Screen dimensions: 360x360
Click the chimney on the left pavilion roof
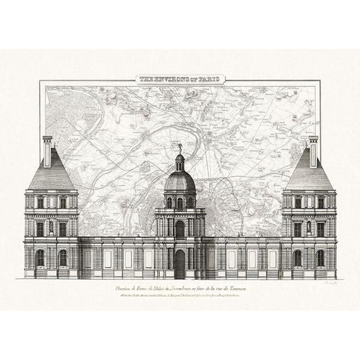tap(47, 151)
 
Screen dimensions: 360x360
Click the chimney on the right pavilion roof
tap(313, 151)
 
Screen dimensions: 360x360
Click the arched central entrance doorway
tap(180, 263)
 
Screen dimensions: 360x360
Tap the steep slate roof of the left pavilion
tap(51, 178)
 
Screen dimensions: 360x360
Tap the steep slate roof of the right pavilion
tap(309, 178)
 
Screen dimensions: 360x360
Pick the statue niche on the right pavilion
tap(309, 227)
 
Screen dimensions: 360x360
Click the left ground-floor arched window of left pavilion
tap(40, 257)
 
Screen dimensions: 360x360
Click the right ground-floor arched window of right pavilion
tap(320, 257)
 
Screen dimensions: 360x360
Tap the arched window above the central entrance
tap(180, 228)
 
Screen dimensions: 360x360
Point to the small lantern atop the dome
tap(180, 161)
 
